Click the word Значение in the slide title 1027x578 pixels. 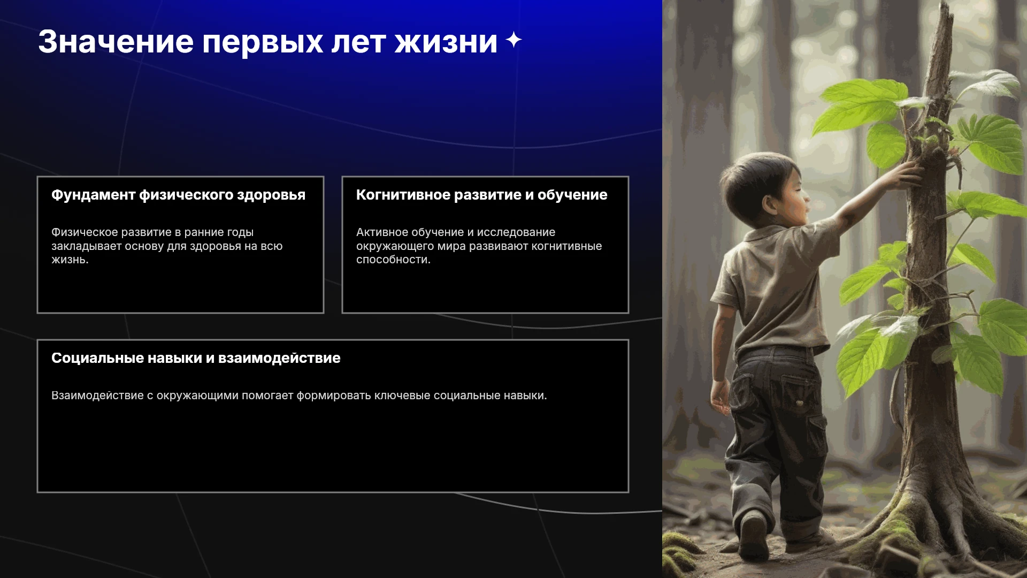[116, 42]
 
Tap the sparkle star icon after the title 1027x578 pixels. [513, 40]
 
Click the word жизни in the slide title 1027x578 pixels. [446, 42]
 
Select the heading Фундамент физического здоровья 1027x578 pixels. [178, 195]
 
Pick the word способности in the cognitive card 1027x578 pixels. [393, 260]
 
